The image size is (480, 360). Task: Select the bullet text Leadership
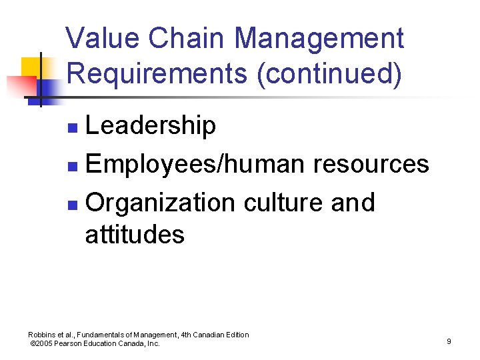(151, 125)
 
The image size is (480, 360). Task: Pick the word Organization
(161, 203)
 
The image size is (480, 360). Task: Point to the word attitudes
(135, 235)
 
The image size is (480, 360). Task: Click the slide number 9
(449, 341)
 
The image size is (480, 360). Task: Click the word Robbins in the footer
(42, 335)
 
